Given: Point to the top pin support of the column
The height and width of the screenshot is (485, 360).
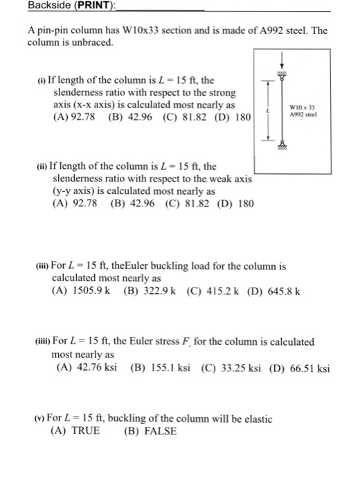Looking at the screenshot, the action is pos(282,77).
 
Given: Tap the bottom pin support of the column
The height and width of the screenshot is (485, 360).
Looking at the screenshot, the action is pos(282,143).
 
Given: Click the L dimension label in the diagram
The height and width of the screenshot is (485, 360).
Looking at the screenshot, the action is pos(266,111).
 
